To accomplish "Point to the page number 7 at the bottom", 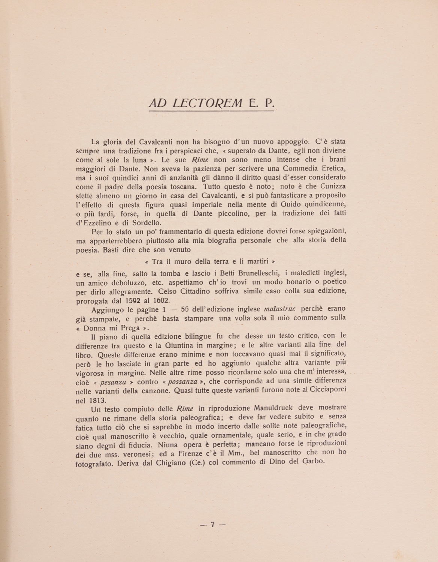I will coord(212,525).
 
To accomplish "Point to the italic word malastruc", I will coord(280,309).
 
